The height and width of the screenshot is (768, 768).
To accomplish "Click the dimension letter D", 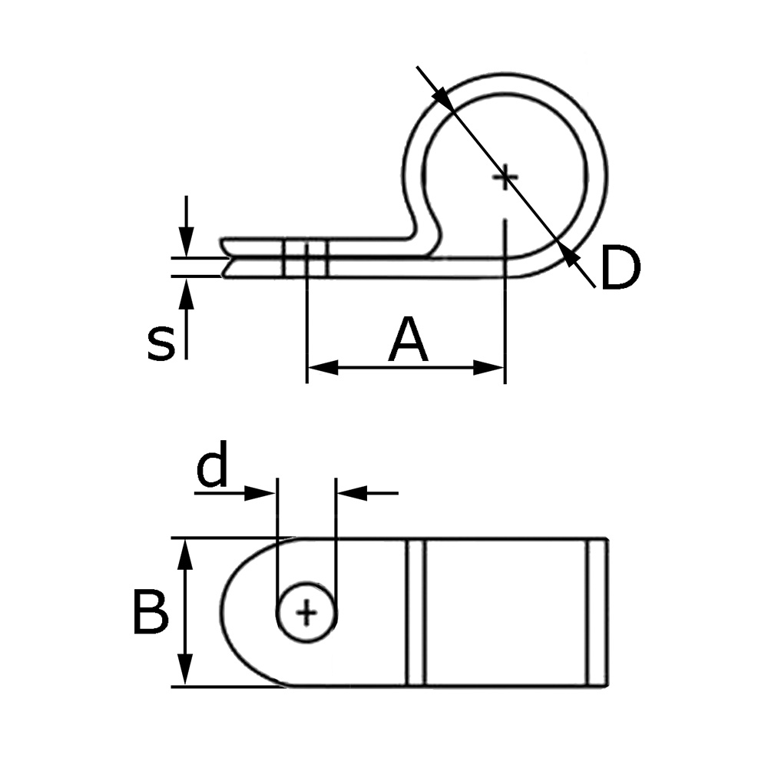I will pos(619,269).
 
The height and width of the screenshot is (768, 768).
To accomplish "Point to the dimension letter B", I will pos(150,613).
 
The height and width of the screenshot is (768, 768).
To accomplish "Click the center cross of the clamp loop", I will pos(505,178).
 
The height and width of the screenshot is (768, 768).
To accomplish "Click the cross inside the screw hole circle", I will pos(306,612).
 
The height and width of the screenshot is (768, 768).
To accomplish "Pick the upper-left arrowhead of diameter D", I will pos(441,97).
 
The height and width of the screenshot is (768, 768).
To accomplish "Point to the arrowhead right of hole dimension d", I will pos(349,492).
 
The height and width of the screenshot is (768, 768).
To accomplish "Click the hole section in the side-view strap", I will pos(306,258).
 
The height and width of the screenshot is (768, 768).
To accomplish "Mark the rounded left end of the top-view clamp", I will pos(234,613).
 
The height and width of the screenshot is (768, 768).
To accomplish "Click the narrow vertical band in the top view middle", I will pos(415,613).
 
